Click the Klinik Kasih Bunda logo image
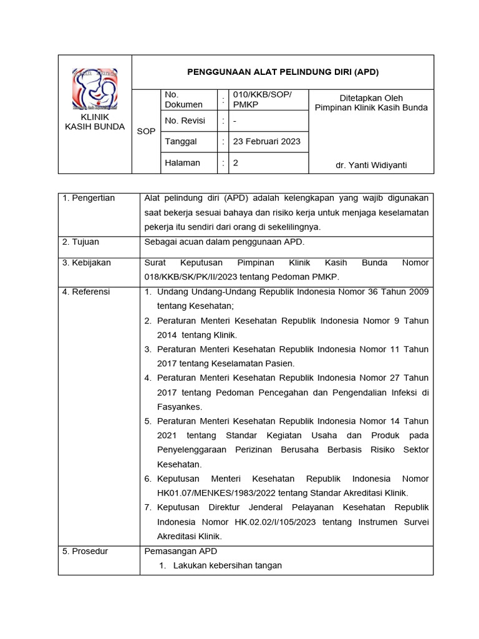95,89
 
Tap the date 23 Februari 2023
266,142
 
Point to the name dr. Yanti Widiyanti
371,165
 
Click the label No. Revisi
185,120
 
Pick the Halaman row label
182,163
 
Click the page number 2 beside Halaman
236,163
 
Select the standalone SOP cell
146,132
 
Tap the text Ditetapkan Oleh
371,98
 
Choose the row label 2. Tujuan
80,242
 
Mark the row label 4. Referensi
86,291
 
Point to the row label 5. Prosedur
85,551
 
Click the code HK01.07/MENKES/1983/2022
211,493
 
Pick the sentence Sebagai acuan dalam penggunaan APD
224,242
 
